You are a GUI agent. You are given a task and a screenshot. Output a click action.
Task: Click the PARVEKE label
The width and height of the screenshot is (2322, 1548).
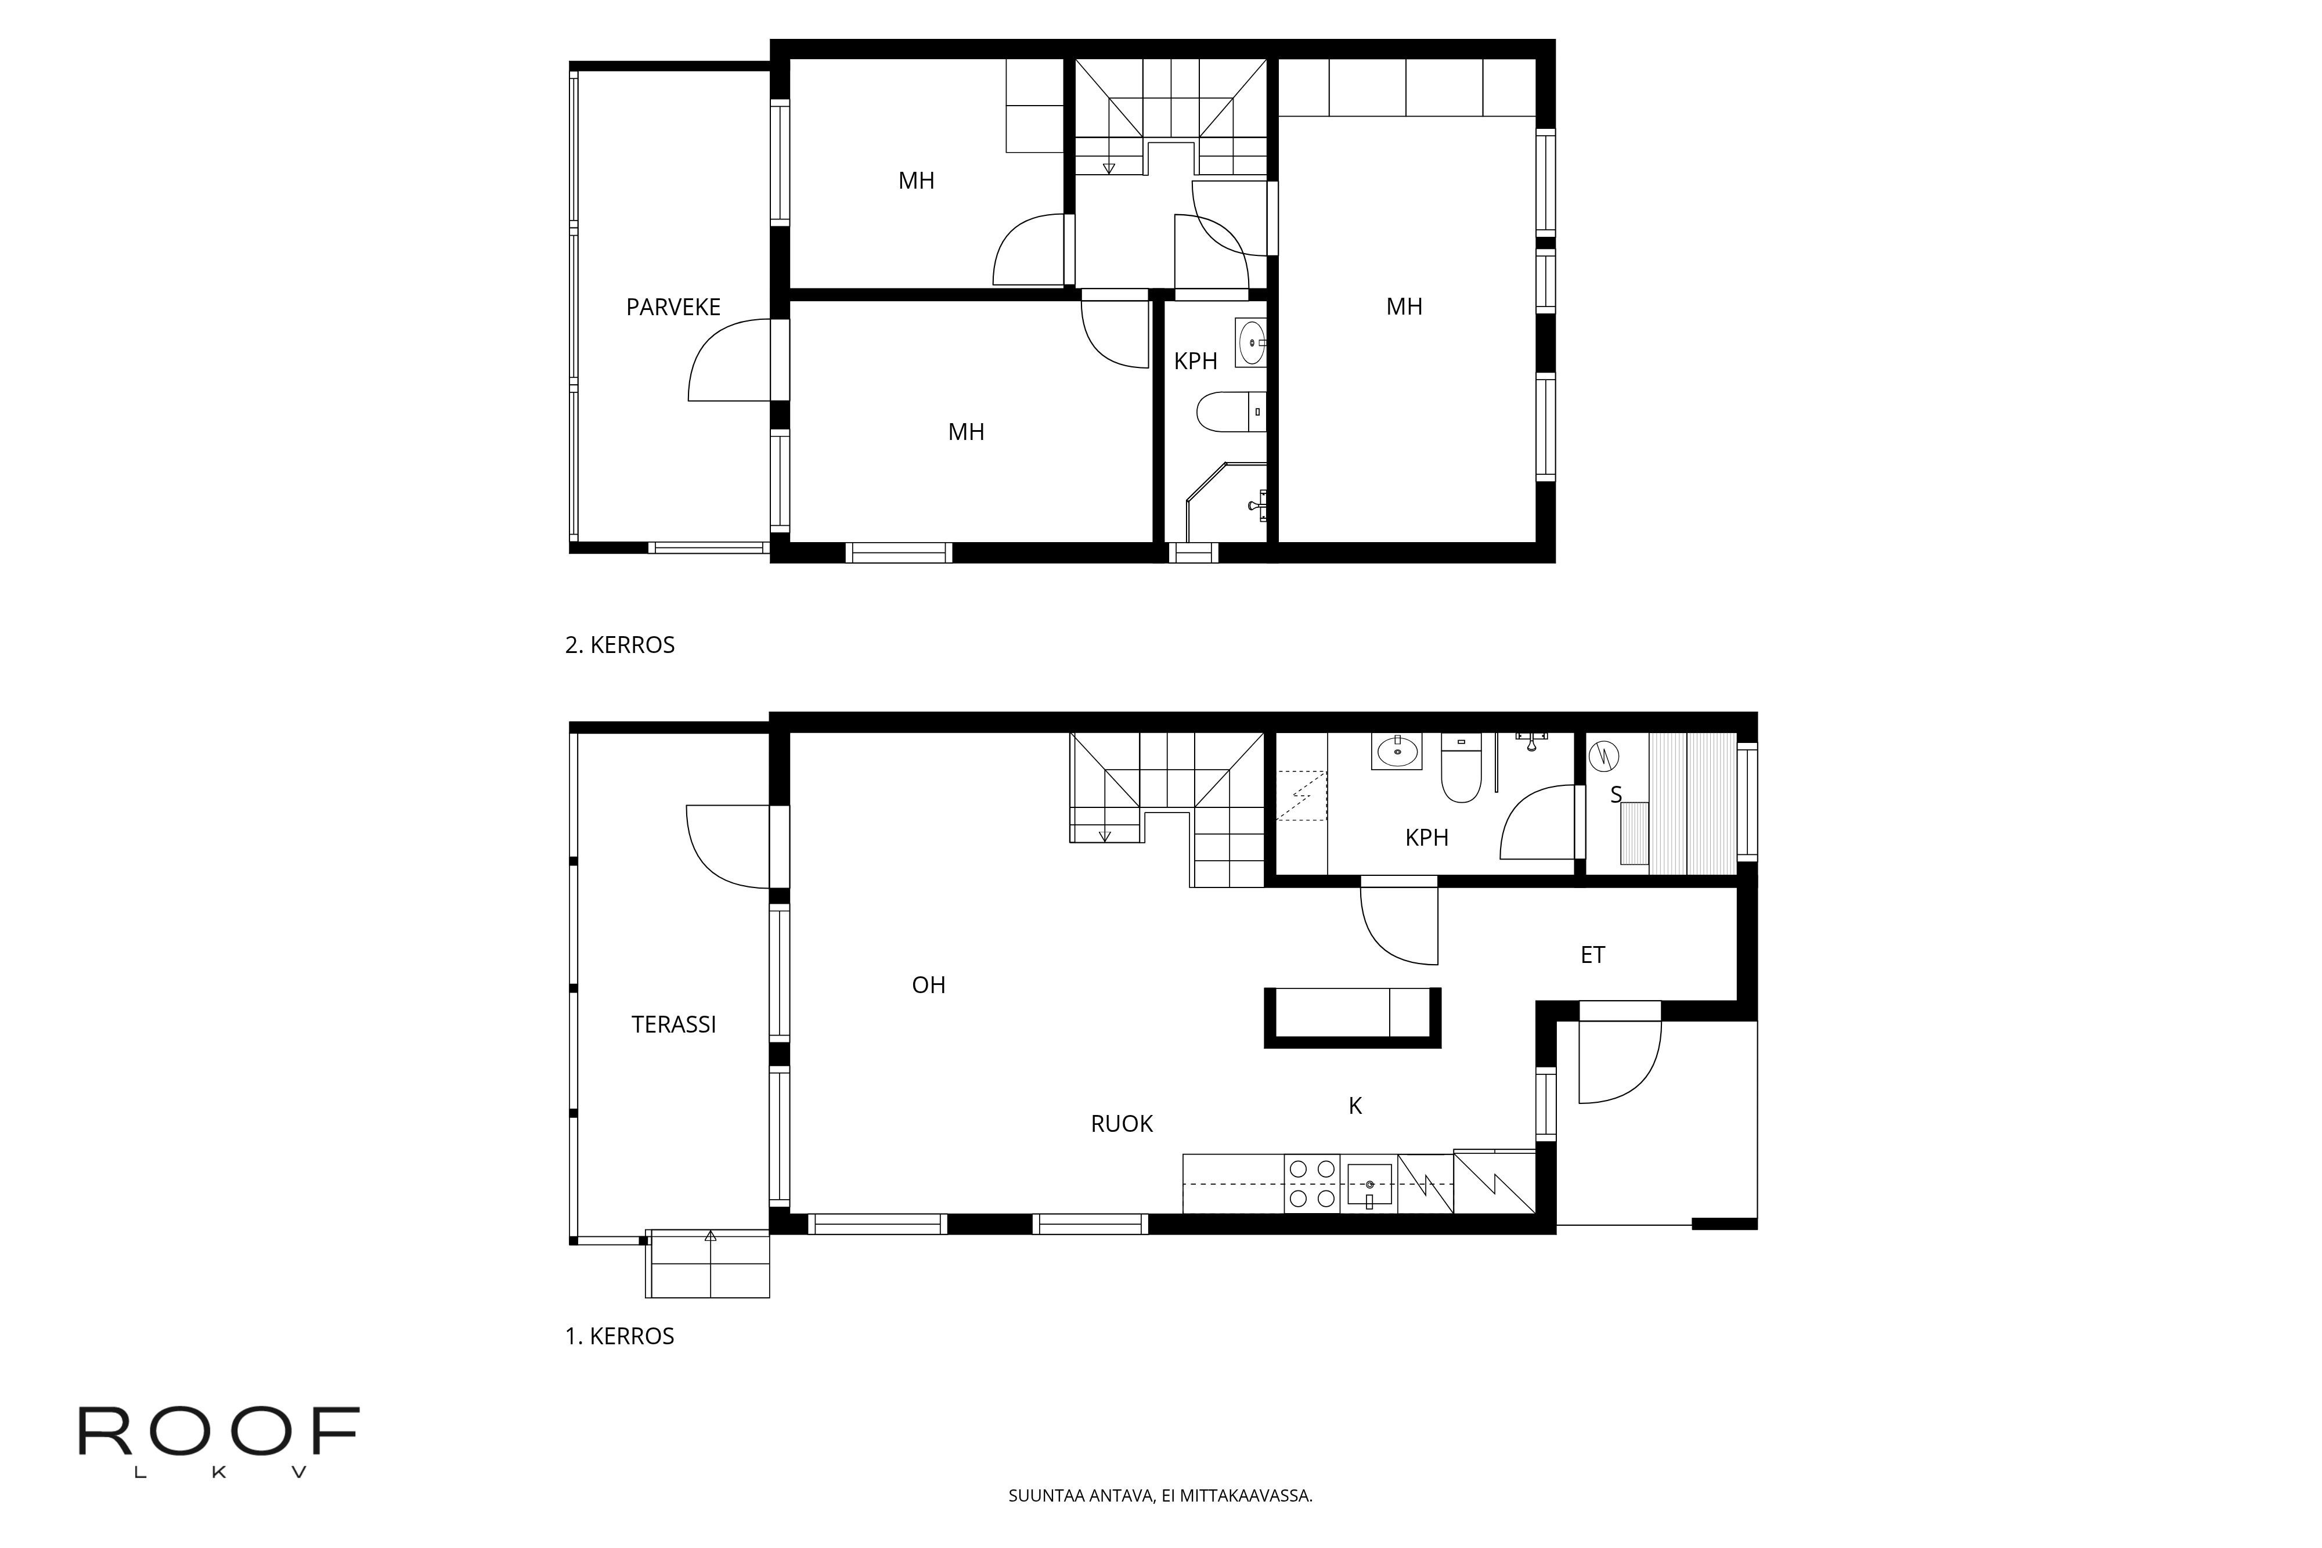click(x=673, y=307)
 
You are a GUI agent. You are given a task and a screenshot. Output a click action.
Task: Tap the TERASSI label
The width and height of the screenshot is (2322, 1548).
click(x=673, y=1025)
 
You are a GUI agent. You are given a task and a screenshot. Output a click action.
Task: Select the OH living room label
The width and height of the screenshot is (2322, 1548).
click(x=928, y=984)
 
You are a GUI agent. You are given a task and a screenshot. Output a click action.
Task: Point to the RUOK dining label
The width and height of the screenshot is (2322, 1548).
click(x=1122, y=1124)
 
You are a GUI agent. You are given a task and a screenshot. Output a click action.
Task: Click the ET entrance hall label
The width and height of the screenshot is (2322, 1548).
click(x=1592, y=955)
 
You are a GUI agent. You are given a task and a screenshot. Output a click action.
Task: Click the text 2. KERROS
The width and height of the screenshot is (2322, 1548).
click(x=620, y=645)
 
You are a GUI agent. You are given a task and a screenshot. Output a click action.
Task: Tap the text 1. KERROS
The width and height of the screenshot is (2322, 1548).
click(x=620, y=1336)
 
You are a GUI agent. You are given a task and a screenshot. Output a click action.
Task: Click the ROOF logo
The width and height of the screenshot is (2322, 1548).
click(x=218, y=1441)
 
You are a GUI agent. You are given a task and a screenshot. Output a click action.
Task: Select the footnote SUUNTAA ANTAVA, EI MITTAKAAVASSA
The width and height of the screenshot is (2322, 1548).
click(x=1160, y=1496)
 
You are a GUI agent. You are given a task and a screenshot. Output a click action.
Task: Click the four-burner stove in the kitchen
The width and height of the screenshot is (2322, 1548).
click(x=1312, y=1183)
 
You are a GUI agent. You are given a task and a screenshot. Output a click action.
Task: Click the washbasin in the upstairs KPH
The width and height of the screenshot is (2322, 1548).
click(x=1252, y=342)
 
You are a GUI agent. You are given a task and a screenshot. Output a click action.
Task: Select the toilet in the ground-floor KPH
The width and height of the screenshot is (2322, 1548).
click(x=1461, y=767)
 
